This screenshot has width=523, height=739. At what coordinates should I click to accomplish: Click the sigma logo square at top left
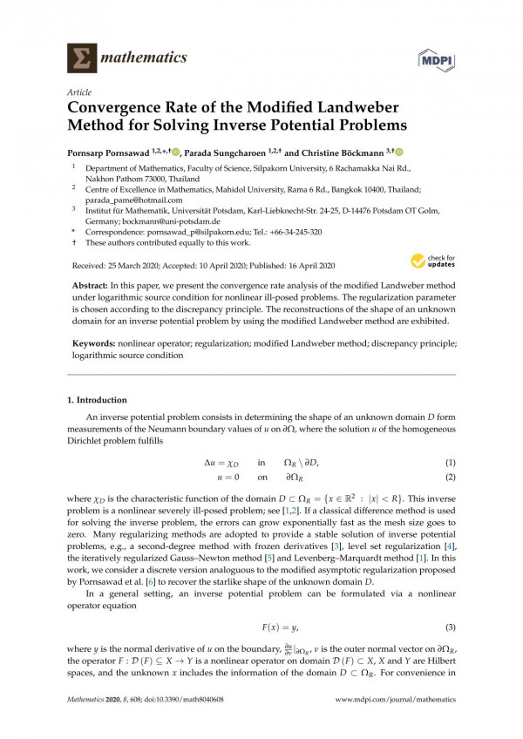point(81,58)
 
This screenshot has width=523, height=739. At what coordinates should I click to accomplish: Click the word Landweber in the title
point(355,108)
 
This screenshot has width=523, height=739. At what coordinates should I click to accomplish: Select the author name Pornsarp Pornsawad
point(111,153)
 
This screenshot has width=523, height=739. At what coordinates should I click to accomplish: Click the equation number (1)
point(451,462)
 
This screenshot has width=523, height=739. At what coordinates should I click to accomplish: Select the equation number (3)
point(451,603)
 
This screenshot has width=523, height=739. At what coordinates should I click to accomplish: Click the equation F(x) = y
point(261,603)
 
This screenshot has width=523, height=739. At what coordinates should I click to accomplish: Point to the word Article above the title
point(78,92)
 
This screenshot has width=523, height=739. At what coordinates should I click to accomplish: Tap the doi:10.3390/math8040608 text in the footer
point(194,699)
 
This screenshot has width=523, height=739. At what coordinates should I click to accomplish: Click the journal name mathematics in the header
point(146,58)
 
